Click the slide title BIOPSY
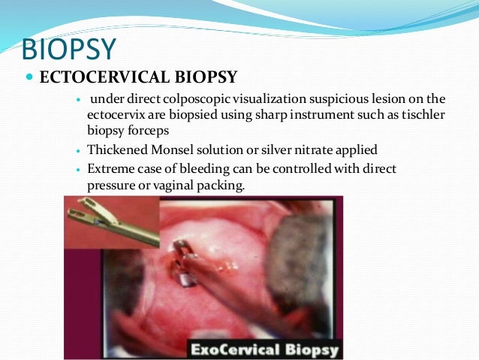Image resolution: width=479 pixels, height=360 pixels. point(69,50)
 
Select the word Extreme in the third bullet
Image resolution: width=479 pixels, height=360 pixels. point(110,169)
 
